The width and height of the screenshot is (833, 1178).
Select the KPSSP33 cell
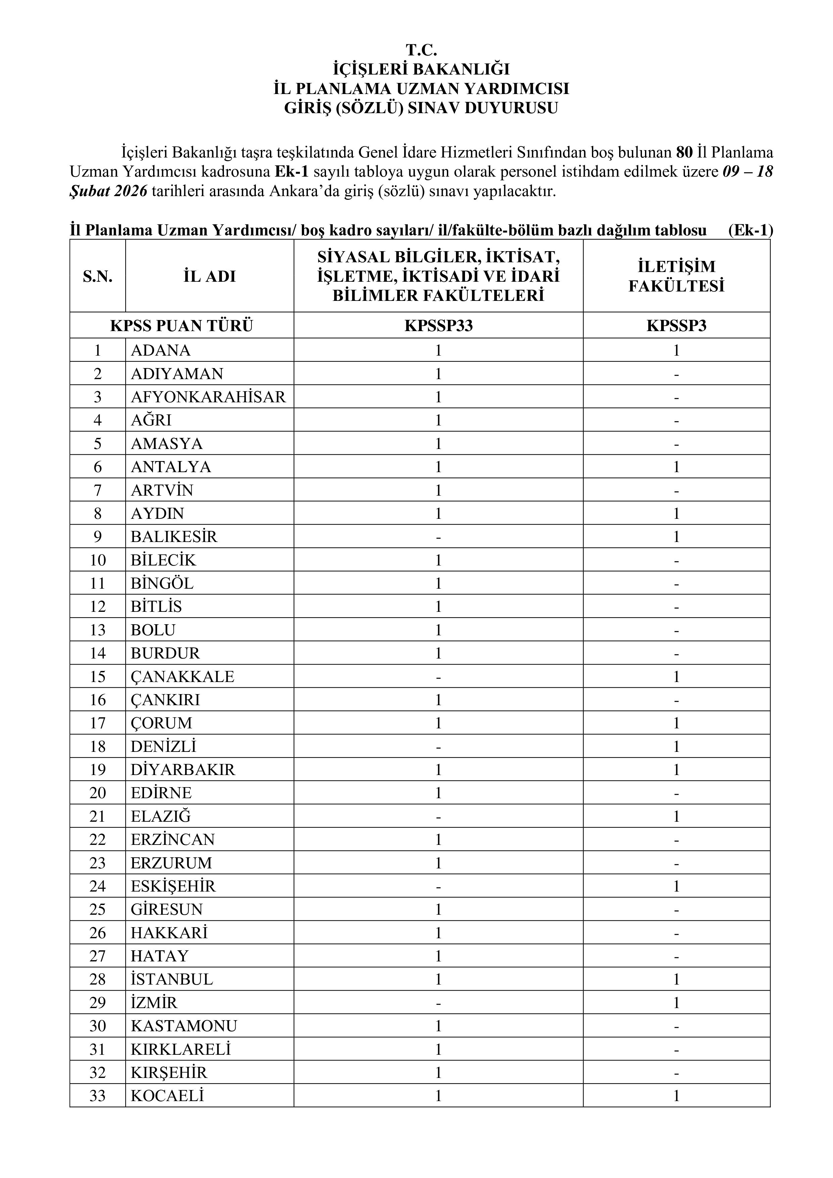tap(438, 326)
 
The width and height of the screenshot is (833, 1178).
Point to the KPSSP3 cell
tap(676, 326)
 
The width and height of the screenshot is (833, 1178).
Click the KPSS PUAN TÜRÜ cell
tap(182, 326)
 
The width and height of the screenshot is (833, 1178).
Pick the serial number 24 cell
tap(97, 886)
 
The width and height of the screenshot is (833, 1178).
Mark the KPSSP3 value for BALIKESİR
tap(676, 537)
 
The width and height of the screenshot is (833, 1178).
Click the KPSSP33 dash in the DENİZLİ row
tap(438, 746)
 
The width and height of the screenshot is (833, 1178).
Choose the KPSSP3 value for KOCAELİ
tap(676, 1096)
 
